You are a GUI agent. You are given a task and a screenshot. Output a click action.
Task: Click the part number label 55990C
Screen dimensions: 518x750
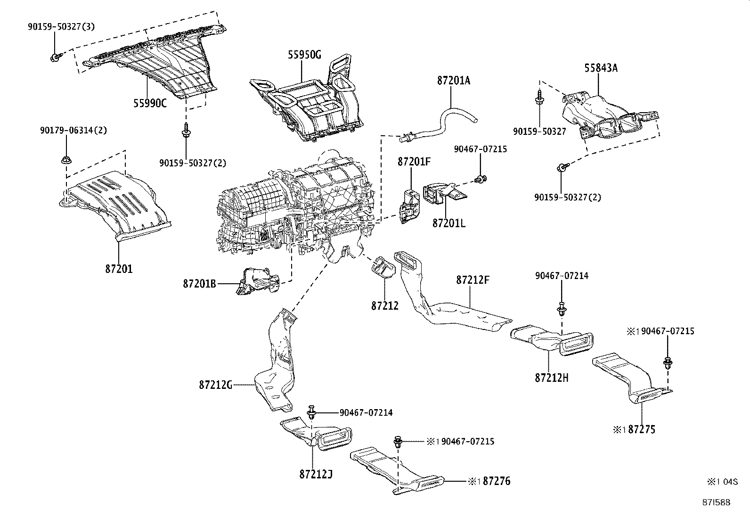(x=150, y=103)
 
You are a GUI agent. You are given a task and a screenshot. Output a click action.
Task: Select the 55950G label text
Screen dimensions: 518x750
(x=304, y=55)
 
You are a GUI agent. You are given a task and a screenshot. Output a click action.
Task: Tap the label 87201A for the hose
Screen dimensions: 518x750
(x=454, y=81)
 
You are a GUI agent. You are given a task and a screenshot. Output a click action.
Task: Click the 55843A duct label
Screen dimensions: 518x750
(x=601, y=68)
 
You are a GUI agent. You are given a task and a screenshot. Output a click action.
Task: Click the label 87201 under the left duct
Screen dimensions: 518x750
(x=119, y=269)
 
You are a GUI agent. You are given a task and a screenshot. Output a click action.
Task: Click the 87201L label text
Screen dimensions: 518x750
(x=449, y=223)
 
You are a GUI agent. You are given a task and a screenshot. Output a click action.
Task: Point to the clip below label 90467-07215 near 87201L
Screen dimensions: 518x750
(x=481, y=179)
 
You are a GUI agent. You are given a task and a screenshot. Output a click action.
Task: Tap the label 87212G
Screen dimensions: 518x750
(x=216, y=385)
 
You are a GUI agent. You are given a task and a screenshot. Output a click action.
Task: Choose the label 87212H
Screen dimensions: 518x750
(x=552, y=378)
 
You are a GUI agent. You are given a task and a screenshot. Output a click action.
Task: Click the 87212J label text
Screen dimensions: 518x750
(x=316, y=474)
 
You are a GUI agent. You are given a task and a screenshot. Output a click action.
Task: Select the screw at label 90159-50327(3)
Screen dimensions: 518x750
(x=53, y=58)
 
